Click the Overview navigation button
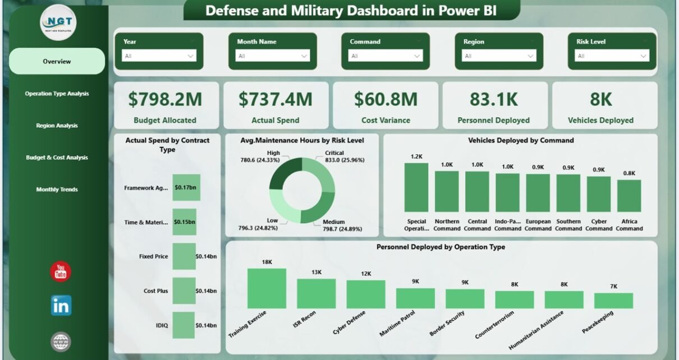tap(57, 61)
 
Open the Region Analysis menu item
tap(57, 126)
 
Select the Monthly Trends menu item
tap(57, 190)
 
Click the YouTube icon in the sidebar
tap(61, 272)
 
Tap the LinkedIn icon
tap(61, 306)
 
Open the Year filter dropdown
tap(159, 56)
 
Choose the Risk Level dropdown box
tap(612, 56)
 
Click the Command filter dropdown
tap(386, 56)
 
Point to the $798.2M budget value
tap(165, 99)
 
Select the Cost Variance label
tap(386, 120)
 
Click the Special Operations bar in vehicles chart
tap(416, 187)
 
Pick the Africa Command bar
tap(629, 195)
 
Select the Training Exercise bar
tap(267, 288)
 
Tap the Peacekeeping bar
tap(613, 300)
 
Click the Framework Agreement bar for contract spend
tap(186, 188)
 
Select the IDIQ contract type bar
tap(183, 325)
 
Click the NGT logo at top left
tap(59, 22)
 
